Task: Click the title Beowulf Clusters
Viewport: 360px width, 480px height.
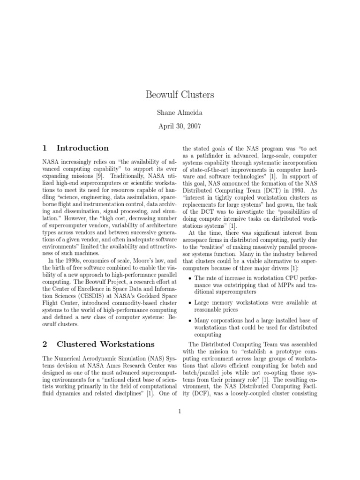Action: [x=180, y=95]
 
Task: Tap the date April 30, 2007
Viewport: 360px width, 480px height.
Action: [x=180, y=126]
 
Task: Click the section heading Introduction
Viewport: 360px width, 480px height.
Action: [x=82, y=148]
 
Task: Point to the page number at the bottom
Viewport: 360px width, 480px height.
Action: [x=180, y=412]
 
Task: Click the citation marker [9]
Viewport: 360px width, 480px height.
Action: [x=99, y=176]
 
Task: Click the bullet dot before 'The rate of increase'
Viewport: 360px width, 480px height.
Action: [x=189, y=278]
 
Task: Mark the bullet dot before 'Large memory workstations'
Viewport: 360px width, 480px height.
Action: [x=189, y=303]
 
